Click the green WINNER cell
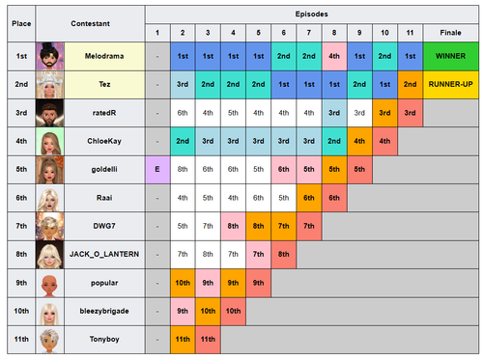tap(451, 56)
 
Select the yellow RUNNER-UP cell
tap(451, 85)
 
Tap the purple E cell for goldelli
tap(157, 170)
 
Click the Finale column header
tap(451, 33)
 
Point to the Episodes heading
tap(311, 14)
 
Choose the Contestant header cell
tap(90, 23)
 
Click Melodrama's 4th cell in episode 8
tap(334, 56)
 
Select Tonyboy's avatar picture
tap(49, 340)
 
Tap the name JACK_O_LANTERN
tap(104, 254)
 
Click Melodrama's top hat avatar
tap(49, 56)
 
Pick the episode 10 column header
tap(384, 33)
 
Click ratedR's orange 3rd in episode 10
tap(384, 113)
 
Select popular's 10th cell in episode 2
tap(183, 283)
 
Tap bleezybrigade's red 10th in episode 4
tap(233, 312)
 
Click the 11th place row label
tap(21, 340)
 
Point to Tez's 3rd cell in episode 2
tap(183, 85)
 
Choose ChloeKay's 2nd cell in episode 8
tap(334, 141)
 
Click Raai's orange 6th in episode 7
tap(309, 198)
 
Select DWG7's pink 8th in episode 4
tap(233, 226)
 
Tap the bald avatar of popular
tap(49, 283)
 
